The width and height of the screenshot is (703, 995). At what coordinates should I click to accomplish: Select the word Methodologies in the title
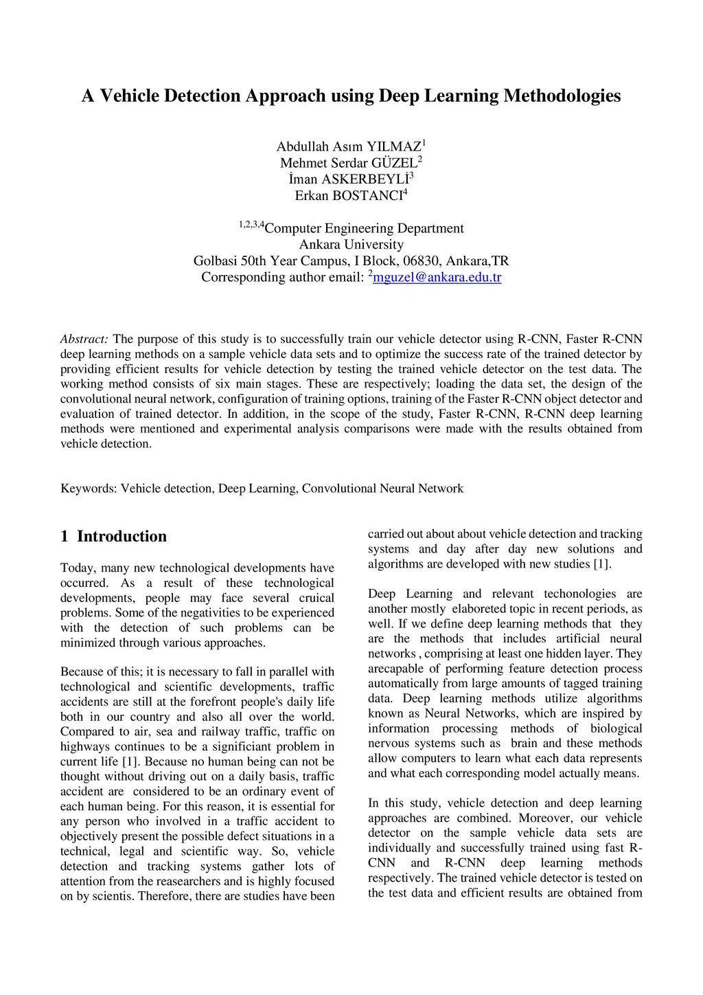(x=562, y=96)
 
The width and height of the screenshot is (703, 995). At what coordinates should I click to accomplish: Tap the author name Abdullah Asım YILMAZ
(x=349, y=146)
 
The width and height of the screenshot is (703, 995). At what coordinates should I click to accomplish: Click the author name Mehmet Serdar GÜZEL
(x=349, y=163)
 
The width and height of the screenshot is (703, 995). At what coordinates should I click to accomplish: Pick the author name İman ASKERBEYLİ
(x=349, y=179)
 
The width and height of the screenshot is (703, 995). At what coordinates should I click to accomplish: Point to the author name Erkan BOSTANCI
(x=349, y=196)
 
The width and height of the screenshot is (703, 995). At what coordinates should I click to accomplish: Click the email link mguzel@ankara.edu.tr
(x=437, y=278)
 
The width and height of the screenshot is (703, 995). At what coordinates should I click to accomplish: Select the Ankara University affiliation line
(x=351, y=245)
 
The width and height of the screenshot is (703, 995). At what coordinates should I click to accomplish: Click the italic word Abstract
(x=84, y=339)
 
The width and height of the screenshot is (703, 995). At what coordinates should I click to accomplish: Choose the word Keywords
(x=88, y=489)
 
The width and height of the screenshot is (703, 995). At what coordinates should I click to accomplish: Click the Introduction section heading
(x=122, y=537)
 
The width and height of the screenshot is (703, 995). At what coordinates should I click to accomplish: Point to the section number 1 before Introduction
(x=65, y=537)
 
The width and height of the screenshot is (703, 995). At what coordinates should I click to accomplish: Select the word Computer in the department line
(x=293, y=229)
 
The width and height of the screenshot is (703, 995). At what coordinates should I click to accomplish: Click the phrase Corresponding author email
(x=281, y=278)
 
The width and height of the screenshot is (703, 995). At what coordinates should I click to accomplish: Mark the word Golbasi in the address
(x=215, y=261)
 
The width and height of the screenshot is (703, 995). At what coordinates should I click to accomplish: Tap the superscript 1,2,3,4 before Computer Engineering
(x=251, y=224)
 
